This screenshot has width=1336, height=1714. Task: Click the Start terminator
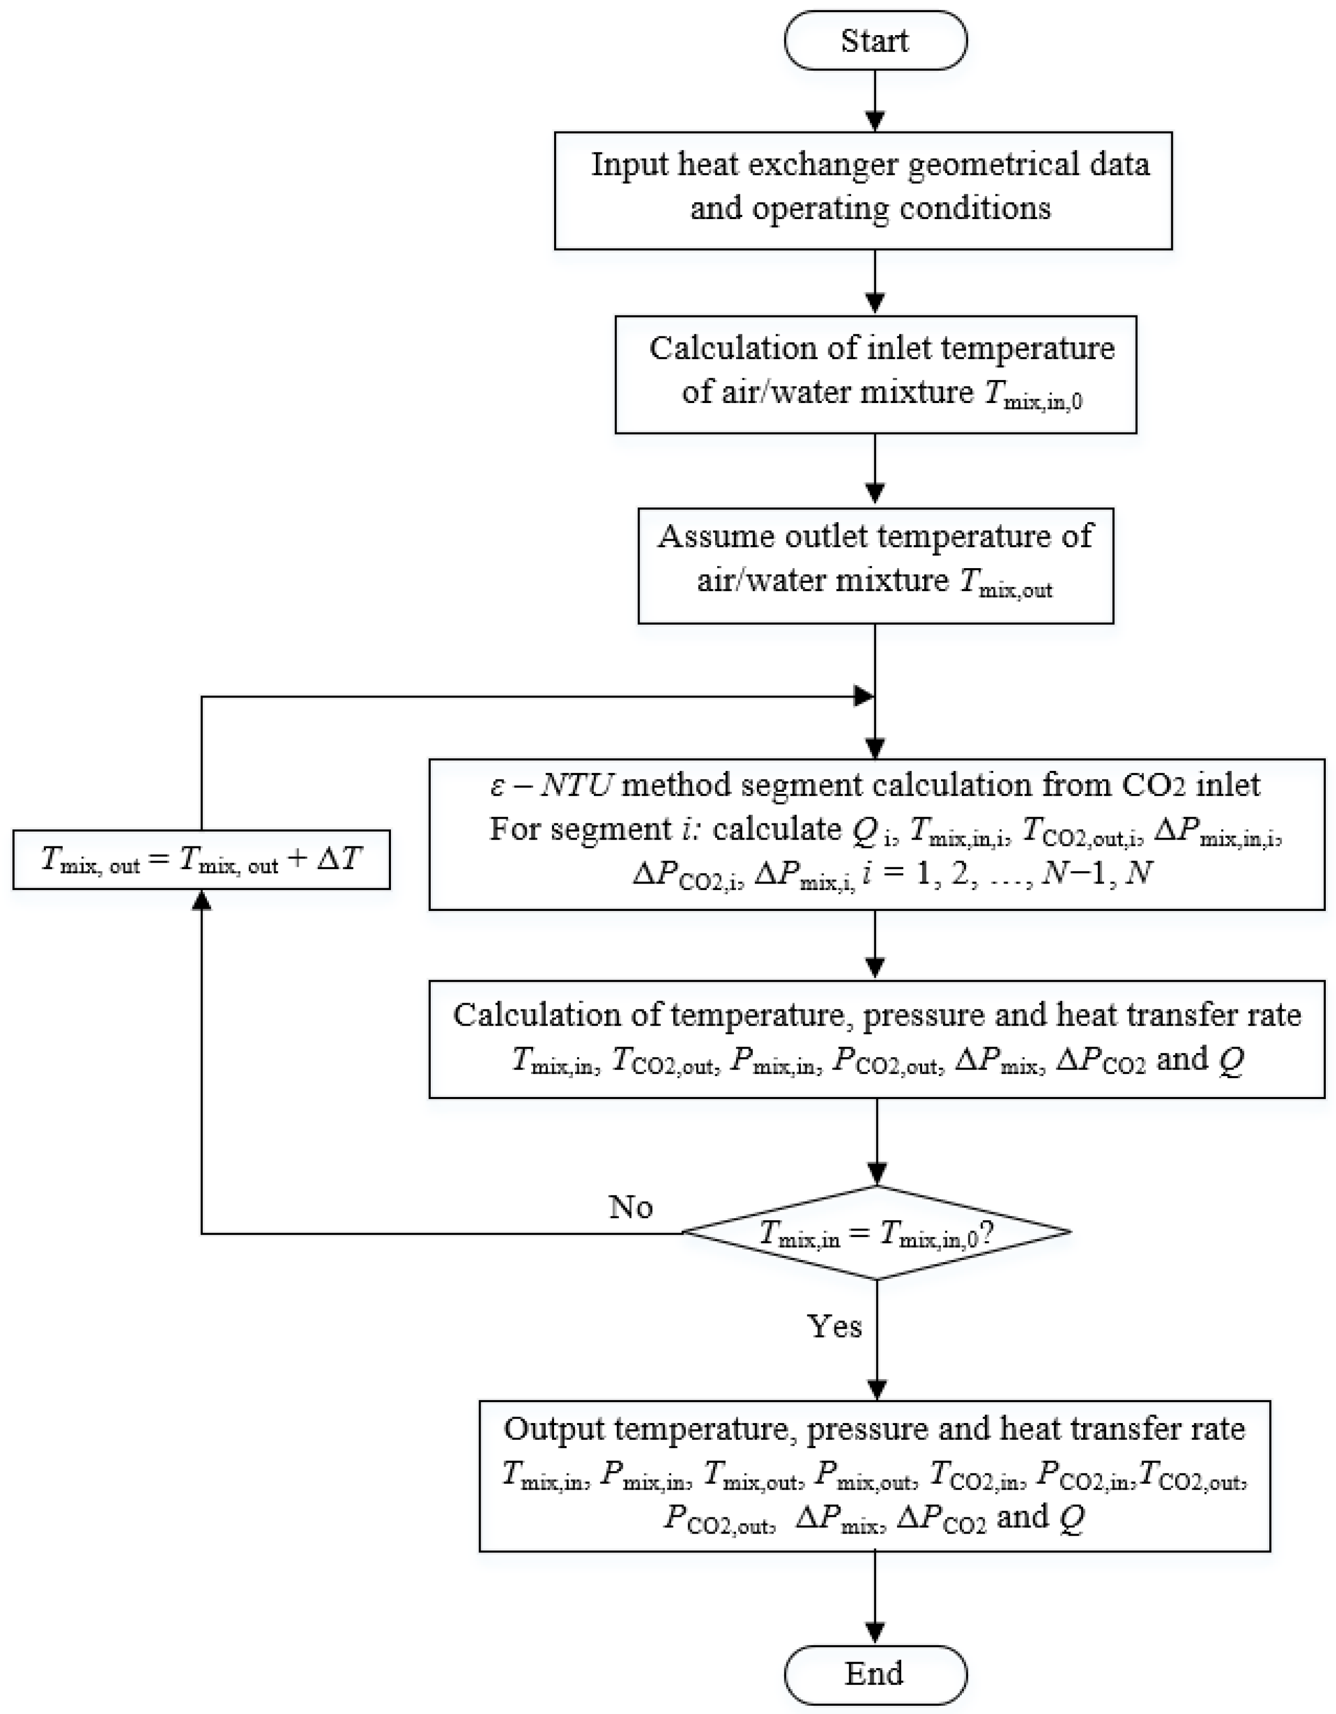875,40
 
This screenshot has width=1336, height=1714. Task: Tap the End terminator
875,1675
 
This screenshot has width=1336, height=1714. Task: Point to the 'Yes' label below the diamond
834,1326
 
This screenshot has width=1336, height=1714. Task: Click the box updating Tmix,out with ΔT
202,860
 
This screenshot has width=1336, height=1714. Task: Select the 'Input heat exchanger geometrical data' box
863,191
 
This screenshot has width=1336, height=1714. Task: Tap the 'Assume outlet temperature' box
876,566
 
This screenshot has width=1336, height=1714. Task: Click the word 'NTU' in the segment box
576,785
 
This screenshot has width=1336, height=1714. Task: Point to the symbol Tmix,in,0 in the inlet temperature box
1033,393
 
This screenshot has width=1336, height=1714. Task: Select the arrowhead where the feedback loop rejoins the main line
864,696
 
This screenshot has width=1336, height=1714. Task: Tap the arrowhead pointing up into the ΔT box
202,902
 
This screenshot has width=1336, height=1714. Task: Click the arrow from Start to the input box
875,100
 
